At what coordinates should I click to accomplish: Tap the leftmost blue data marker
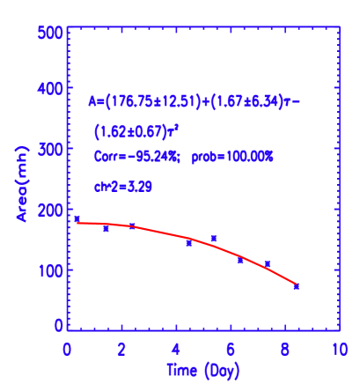[77, 218]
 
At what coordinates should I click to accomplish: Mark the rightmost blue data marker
[296, 286]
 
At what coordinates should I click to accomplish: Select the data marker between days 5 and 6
[213, 238]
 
